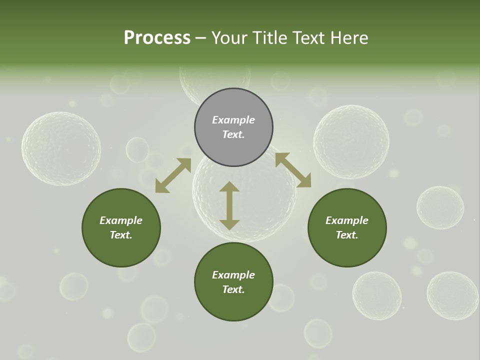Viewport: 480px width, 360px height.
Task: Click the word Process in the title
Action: click(157, 38)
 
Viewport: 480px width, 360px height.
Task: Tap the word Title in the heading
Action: click(270, 38)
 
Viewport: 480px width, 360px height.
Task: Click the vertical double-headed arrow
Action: click(229, 205)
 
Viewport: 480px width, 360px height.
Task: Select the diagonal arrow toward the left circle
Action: click(173, 175)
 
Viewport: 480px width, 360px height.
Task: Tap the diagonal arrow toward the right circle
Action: click(293, 170)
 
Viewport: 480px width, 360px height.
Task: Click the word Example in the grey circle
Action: click(233, 120)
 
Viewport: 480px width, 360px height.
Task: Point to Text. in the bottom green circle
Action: click(233, 289)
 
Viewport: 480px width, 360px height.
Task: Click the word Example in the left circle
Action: click(121, 220)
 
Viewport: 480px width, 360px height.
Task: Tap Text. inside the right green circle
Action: click(347, 235)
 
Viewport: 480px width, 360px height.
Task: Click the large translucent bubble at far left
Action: click(61, 148)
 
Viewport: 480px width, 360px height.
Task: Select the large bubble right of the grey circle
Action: click(351, 142)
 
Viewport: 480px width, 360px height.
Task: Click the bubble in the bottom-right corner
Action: click(452, 295)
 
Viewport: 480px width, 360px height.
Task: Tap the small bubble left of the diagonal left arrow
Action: click(137, 149)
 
